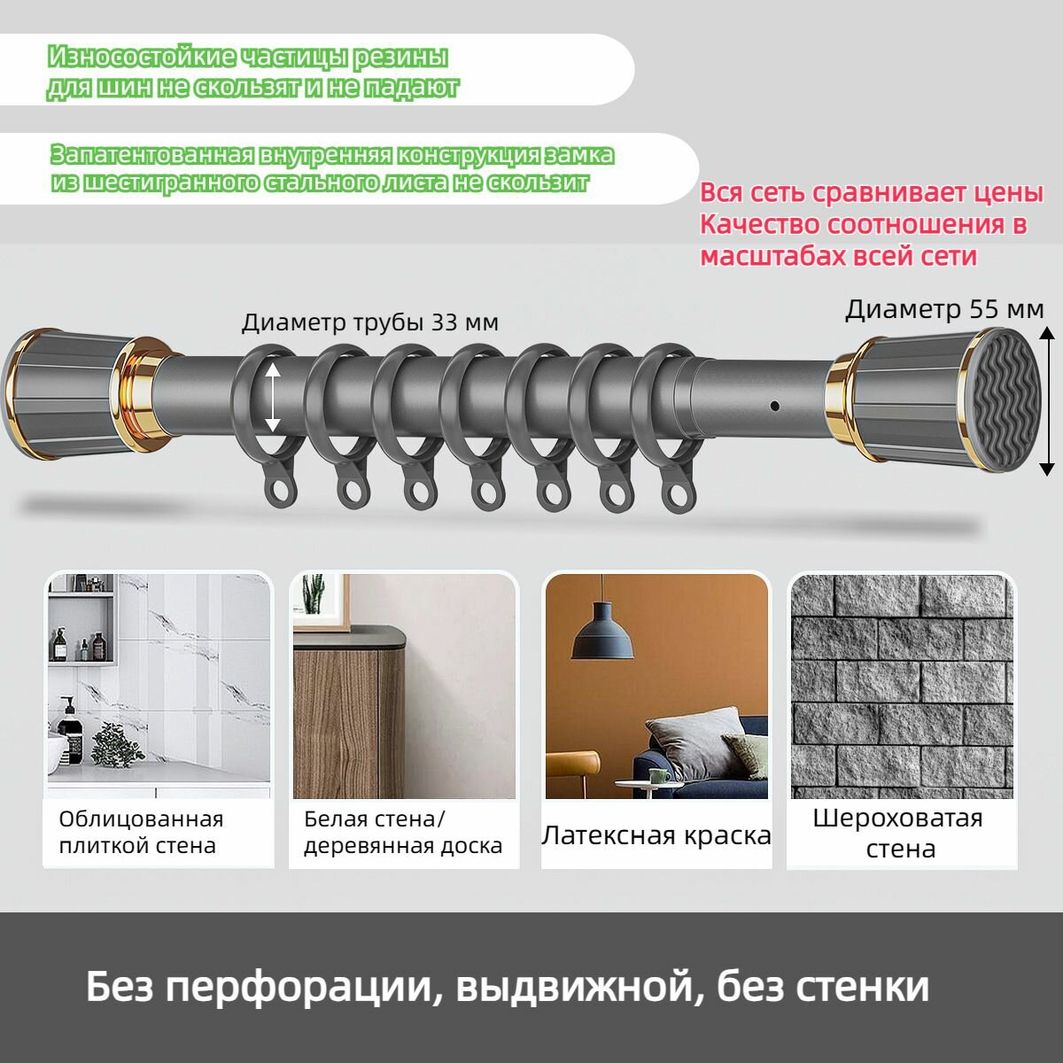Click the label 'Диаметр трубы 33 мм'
369,322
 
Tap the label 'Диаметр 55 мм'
943,309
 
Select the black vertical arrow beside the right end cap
1046,400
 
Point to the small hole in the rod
775,406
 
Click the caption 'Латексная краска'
656,835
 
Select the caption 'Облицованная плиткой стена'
141,832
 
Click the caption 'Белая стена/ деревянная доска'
403,832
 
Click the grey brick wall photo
901,686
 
